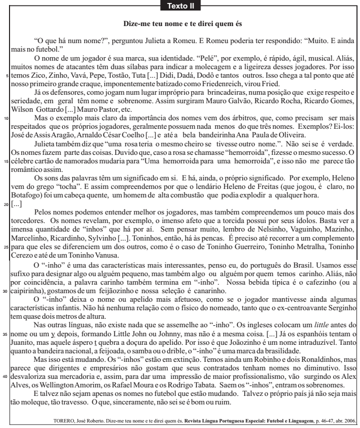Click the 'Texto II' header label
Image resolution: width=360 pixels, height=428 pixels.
179,7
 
